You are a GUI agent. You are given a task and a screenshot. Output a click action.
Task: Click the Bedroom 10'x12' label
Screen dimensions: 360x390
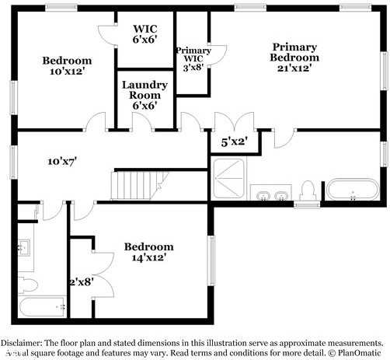[x=67, y=66]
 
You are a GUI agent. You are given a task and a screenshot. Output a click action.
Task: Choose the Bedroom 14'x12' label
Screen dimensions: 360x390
[x=148, y=252]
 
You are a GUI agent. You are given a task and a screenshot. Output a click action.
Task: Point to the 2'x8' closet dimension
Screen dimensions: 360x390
[x=82, y=283]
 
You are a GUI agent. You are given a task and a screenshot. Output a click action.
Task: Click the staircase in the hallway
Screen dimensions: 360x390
[x=141, y=184]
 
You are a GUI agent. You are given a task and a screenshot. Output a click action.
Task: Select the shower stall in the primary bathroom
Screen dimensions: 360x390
[x=228, y=181]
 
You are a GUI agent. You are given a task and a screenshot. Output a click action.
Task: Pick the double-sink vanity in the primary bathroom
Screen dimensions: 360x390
[x=270, y=193]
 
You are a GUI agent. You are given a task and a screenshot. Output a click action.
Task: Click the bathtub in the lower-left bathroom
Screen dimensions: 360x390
[x=44, y=306]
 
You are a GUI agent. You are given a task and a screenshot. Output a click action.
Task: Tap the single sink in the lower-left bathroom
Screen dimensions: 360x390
[x=24, y=249]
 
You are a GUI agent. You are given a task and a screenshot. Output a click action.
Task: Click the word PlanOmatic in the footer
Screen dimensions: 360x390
[x=360, y=351]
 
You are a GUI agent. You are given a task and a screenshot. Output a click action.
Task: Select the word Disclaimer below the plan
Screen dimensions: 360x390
[x=25, y=342]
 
